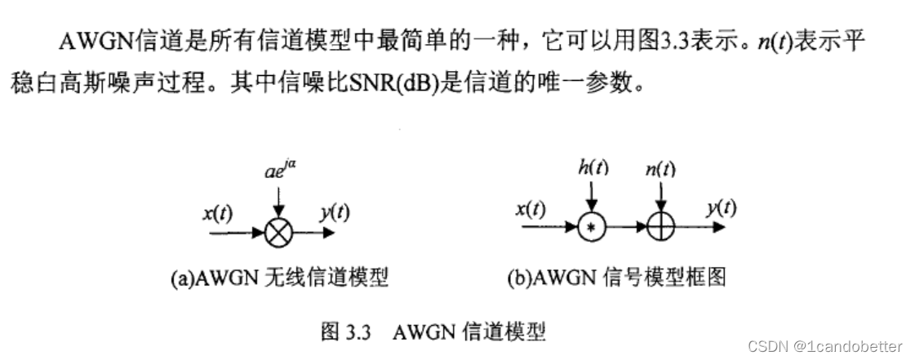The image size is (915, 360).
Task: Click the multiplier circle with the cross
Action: point(278,232)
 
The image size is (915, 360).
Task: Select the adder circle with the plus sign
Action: point(660,229)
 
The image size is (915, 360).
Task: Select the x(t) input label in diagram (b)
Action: point(531,210)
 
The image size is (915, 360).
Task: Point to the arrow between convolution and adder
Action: point(624,229)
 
